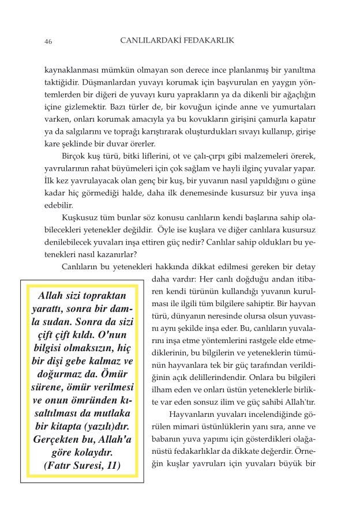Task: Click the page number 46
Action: [x=48, y=42]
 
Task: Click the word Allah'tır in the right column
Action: [x=298, y=402]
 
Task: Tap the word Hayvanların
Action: [x=191, y=415]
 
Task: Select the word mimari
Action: [x=184, y=427]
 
